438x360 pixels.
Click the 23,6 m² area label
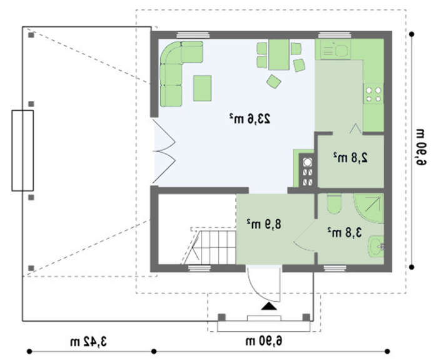click(x=250, y=119)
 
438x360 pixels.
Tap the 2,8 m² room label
click(x=350, y=158)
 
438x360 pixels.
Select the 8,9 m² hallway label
click(x=263, y=224)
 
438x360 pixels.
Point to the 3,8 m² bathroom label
click(x=345, y=232)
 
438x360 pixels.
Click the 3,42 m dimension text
click(x=89, y=342)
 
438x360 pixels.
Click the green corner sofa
click(x=175, y=73)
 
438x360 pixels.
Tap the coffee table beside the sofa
click(x=202, y=88)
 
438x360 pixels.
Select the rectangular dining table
click(x=278, y=54)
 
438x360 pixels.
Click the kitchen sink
click(x=335, y=49)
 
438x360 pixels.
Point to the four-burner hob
click(x=374, y=94)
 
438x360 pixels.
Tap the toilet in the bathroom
click(x=334, y=203)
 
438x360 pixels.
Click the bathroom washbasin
click(x=376, y=247)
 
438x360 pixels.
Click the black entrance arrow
click(x=268, y=306)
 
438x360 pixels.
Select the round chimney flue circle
click(x=308, y=162)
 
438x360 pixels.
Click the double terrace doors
click(x=164, y=152)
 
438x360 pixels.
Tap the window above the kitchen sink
click(x=335, y=35)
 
